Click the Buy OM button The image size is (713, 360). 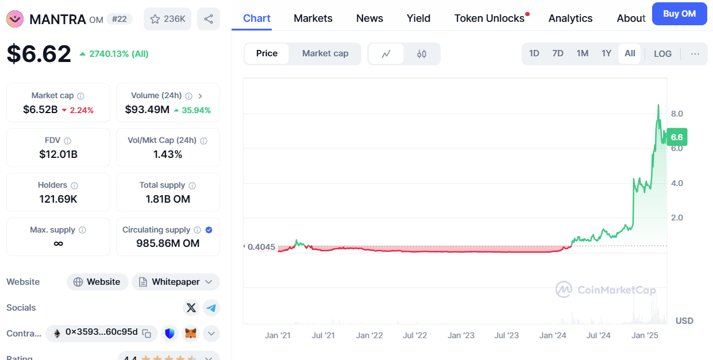[679, 14]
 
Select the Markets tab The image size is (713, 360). [313, 18]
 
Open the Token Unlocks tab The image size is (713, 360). [490, 18]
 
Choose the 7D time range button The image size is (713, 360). [557, 53]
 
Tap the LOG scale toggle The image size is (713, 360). [662, 53]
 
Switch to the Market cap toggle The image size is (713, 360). [325, 53]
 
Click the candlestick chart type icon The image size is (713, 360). [422, 54]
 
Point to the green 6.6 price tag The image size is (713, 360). [677, 137]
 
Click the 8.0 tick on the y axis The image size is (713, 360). [677, 114]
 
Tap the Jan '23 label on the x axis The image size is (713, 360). [461, 335]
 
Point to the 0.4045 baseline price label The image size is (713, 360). [261, 247]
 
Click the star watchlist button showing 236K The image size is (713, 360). [167, 19]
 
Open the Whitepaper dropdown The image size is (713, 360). [176, 282]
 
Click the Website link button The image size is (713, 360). [97, 282]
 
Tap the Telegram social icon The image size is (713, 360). [211, 308]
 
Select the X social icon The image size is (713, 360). [191, 308]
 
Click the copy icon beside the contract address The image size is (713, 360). [147, 333]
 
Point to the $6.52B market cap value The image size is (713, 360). [40, 110]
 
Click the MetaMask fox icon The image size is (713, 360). [191, 333]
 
